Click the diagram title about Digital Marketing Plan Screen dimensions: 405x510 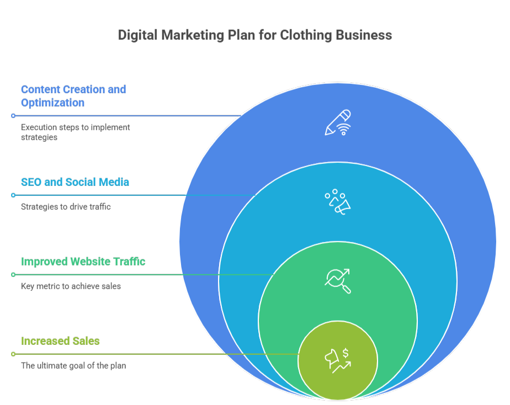(x=254, y=35)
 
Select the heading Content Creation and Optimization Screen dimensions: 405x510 (x=73, y=95)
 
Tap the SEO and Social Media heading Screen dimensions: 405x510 (x=75, y=182)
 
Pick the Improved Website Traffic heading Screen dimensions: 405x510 (x=83, y=262)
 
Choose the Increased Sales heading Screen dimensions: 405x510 (x=60, y=341)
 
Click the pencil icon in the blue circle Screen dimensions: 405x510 (x=338, y=122)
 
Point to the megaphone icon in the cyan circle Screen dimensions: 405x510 (x=338, y=202)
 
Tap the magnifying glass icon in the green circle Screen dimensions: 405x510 (x=338, y=281)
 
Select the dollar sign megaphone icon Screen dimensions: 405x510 (x=338, y=360)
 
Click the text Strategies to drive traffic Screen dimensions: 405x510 (x=66, y=207)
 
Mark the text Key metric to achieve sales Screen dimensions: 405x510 (x=71, y=286)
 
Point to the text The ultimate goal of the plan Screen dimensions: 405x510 (x=73, y=365)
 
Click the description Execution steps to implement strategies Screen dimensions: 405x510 (x=76, y=132)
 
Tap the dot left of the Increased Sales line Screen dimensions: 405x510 (x=13, y=354)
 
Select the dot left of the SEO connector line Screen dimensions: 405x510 (x=13, y=195)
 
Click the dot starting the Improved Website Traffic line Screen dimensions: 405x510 (x=13, y=275)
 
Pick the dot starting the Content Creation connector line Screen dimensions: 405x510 (x=13, y=116)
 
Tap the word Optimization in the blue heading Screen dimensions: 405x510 (x=53, y=103)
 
